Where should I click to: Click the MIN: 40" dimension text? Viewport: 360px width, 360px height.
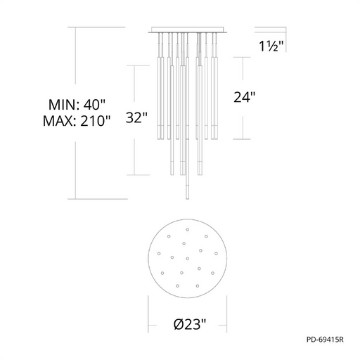[77, 104]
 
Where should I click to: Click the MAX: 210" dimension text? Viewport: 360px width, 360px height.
[77, 121]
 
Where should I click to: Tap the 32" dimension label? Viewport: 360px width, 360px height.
[136, 117]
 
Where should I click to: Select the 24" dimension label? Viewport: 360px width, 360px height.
[244, 97]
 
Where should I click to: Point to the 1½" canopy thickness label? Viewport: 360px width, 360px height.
[271, 46]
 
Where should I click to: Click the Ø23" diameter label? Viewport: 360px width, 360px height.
[190, 324]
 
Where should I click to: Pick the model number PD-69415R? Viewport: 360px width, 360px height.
[325, 340]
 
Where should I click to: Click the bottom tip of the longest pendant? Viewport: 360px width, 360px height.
[187, 199]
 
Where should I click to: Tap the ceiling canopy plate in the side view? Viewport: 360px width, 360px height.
[188, 30]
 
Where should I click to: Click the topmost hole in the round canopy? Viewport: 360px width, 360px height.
[188, 229]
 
